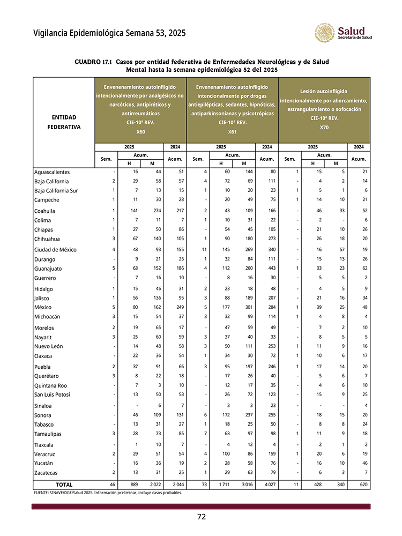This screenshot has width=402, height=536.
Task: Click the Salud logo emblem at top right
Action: click(x=325, y=33)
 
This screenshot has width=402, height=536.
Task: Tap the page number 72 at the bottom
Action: click(x=201, y=517)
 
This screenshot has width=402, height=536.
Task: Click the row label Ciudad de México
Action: click(x=55, y=250)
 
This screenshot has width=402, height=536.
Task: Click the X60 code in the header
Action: click(x=140, y=131)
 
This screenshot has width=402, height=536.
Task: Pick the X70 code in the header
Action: click(x=324, y=128)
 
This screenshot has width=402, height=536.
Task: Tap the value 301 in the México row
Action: click(x=244, y=308)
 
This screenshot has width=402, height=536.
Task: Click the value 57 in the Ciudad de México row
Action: click(x=336, y=250)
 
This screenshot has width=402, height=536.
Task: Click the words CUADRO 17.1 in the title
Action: click(x=93, y=62)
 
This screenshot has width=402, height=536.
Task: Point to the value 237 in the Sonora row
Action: click(x=244, y=414)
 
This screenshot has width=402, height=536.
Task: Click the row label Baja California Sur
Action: click(x=63, y=190)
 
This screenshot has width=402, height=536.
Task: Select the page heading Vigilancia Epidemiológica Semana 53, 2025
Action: click(x=109, y=33)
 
